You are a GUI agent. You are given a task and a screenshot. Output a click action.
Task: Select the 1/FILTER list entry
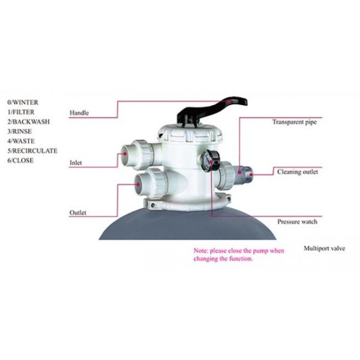click(x=22, y=112)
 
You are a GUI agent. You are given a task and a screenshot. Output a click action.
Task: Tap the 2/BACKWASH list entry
click(x=29, y=122)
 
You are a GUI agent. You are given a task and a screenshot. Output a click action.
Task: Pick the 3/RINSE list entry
click(x=22, y=131)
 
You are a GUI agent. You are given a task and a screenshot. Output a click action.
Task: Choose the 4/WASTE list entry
click(x=23, y=141)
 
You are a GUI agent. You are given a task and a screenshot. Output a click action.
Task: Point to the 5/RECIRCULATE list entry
click(x=32, y=151)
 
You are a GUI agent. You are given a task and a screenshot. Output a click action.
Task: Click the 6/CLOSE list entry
click(x=22, y=160)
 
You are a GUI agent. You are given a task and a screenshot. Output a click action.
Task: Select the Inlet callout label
click(x=77, y=163)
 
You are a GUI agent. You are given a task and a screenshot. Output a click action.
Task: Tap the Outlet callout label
click(x=79, y=213)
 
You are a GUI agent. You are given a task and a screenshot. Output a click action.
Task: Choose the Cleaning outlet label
click(x=297, y=172)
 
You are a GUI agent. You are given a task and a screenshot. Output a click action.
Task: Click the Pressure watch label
click(x=296, y=221)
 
